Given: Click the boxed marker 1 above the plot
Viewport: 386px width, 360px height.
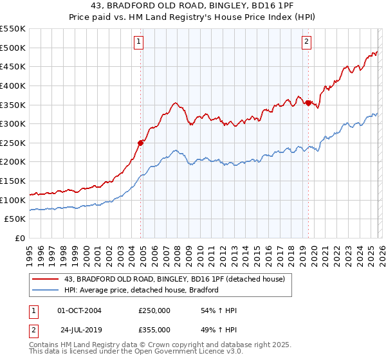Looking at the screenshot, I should tap(139, 42).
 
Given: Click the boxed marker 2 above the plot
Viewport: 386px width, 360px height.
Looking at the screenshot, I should tap(306, 42).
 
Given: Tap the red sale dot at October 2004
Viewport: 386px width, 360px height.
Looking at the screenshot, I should tap(140, 143).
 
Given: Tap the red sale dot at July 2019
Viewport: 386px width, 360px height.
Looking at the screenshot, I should tap(308, 103).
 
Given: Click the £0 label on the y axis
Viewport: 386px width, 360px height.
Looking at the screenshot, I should tap(21, 239).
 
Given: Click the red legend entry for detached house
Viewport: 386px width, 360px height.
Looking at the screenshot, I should tap(179, 279).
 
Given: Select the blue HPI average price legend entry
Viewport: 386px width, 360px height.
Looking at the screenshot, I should tap(142, 290).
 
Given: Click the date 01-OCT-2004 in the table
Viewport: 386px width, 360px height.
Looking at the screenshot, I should tap(79, 310).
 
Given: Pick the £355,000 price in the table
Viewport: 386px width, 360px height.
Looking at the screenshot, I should tap(154, 329).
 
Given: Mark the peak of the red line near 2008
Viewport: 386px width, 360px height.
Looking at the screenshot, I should tap(174, 102).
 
